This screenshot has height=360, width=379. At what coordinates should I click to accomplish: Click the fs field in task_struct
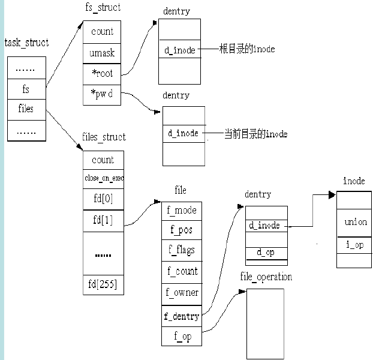tap(26, 89)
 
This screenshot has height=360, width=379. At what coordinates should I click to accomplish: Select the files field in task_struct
tap(26, 110)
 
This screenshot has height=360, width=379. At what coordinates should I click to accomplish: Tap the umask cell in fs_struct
tap(102, 53)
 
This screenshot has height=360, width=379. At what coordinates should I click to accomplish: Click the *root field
tap(102, 74)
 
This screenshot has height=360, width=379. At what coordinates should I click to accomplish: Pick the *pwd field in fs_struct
tap(102, 95)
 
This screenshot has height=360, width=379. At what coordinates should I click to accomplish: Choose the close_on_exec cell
tap(104, 179)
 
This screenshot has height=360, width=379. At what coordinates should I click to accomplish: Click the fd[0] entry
tap(104, 199)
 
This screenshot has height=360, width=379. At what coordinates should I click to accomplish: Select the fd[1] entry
tap(104, 221)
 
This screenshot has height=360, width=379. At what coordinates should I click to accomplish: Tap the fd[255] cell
tap(104, 284)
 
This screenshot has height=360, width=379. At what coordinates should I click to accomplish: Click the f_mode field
tap(182, 211)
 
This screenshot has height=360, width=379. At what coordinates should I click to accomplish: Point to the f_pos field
tap(182, 230)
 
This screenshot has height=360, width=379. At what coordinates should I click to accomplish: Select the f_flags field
tap(182, 250)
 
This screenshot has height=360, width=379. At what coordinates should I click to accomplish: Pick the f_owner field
tap(182, 294)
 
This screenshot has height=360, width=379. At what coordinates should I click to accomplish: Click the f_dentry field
tap(182, 316)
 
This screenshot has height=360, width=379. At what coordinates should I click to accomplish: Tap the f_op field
tap(182, 336)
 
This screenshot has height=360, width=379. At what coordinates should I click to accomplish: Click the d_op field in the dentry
tap(266, 253)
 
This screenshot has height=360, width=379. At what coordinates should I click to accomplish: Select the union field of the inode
tap(354, 223)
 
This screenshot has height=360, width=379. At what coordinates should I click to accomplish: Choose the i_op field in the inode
tap(354, 245)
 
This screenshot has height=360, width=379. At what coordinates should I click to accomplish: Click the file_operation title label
tap(266, 277)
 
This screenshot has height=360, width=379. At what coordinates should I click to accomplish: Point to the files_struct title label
tap(104, 137)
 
